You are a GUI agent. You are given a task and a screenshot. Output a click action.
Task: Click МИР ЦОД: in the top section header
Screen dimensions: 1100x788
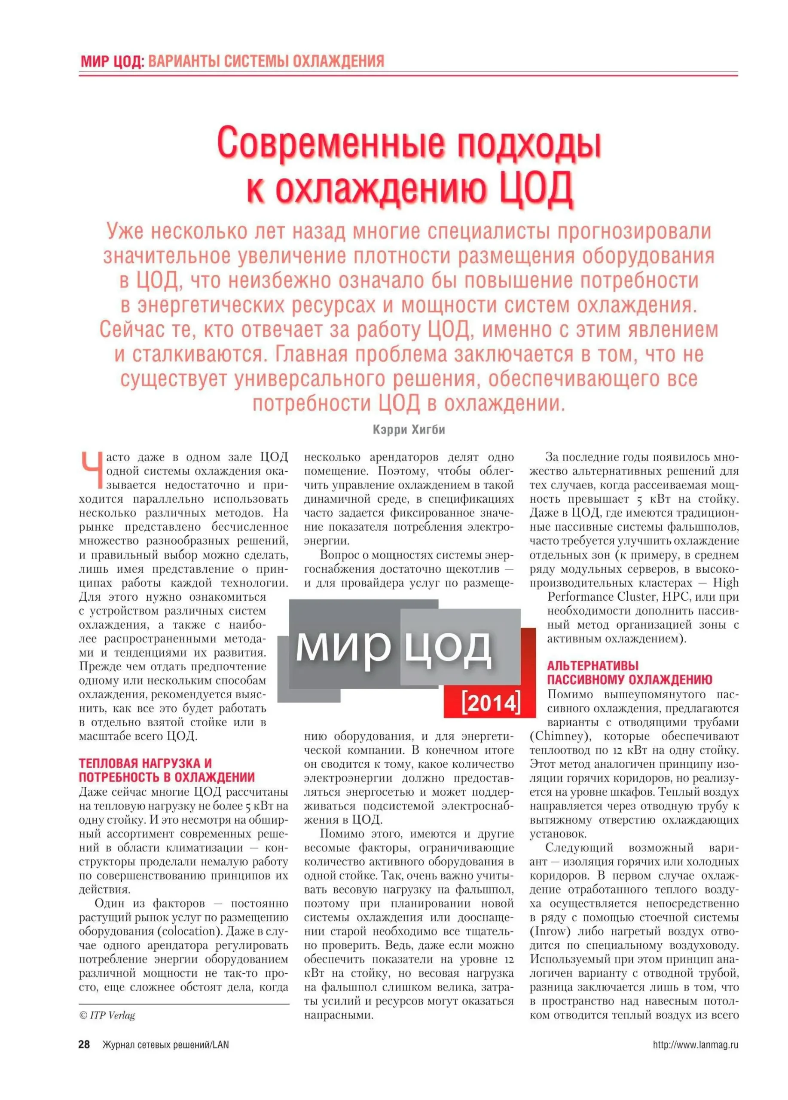(x=112, y=61)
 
